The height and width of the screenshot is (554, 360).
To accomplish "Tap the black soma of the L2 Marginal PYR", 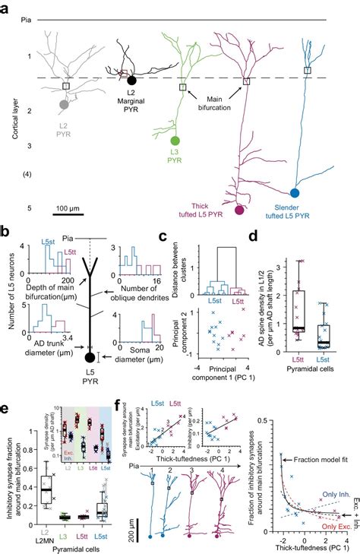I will pos(132,81).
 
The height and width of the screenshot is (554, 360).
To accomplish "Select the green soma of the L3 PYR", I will pos(175,141).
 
